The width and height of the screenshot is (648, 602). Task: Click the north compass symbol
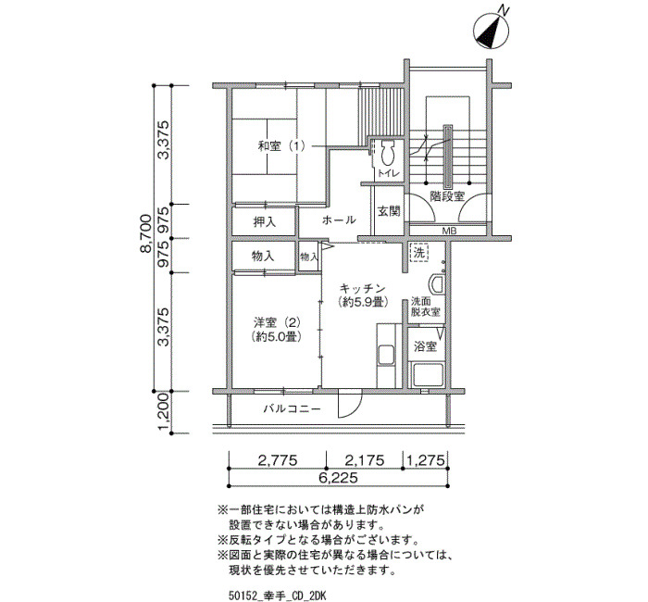[x=491, y=31]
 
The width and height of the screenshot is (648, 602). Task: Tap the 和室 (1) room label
[x=281, y=146]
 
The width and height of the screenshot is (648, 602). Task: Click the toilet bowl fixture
[x=388, y=155]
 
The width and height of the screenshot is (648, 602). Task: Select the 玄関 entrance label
[x=389, y=211]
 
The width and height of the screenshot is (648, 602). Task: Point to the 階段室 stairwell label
[x=447, y=196]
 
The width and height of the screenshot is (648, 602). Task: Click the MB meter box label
[x=449, y=232]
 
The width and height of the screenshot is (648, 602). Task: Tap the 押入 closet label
[x=265, y=222]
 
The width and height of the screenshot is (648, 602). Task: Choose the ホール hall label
[x=339, y=219]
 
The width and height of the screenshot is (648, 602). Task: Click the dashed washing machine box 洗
[x=419, y=253]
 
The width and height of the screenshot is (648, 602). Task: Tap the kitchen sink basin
[x=387, y=355]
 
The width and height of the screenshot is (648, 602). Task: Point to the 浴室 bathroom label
[x=425, y=346]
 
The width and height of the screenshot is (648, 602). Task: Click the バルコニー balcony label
[x=293, y=409]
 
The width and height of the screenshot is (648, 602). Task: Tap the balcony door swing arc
[x=355, y=409]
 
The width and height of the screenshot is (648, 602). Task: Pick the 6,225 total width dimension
[x=338, y=478]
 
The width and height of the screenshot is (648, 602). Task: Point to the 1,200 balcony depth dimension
[x=164, y=412]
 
